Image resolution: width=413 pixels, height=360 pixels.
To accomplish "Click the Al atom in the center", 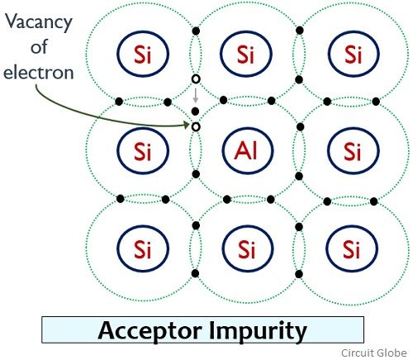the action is click(x=248, y=150).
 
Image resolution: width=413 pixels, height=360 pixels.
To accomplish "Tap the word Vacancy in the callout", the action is click(x=39, y=22).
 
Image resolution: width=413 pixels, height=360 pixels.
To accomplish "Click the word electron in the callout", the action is click(x=39, y=73).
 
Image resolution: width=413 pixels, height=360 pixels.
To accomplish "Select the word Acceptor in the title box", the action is click(x=150, y=331).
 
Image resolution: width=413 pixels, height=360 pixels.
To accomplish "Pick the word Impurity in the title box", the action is click(x=258, y=331).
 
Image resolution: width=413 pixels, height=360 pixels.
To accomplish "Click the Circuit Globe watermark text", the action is click(x=374, y=353).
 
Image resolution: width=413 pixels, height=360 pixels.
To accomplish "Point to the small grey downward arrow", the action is click(x=196, y=95).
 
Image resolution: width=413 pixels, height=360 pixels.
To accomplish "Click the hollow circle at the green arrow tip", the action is click(x=196, y=127).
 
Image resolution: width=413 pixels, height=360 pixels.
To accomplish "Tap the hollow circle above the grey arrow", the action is click(x=196, y=79).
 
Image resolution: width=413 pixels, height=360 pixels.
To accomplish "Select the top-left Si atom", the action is click(x=143, y=54).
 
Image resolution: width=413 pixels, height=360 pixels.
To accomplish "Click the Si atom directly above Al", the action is click(x=246, y=54).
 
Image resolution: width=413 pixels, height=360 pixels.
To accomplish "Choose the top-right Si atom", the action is click(x=354, y=54).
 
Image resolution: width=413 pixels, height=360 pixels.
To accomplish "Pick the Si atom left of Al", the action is click(x=143, y=150).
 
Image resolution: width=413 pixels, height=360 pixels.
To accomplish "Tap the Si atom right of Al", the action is click(x=354, y=150).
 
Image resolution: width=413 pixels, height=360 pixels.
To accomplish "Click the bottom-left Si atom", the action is click(x=143, y=249).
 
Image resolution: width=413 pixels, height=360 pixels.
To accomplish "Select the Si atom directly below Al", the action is click(x=248, y=249).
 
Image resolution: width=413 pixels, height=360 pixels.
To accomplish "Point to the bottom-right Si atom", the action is click(x=352, y=249).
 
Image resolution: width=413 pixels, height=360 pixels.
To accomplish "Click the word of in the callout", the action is click(x=39, y=47).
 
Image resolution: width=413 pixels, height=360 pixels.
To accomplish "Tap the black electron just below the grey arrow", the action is click(x=195, y=111).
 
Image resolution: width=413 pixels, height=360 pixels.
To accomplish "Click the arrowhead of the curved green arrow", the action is click(x=187, y=126).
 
